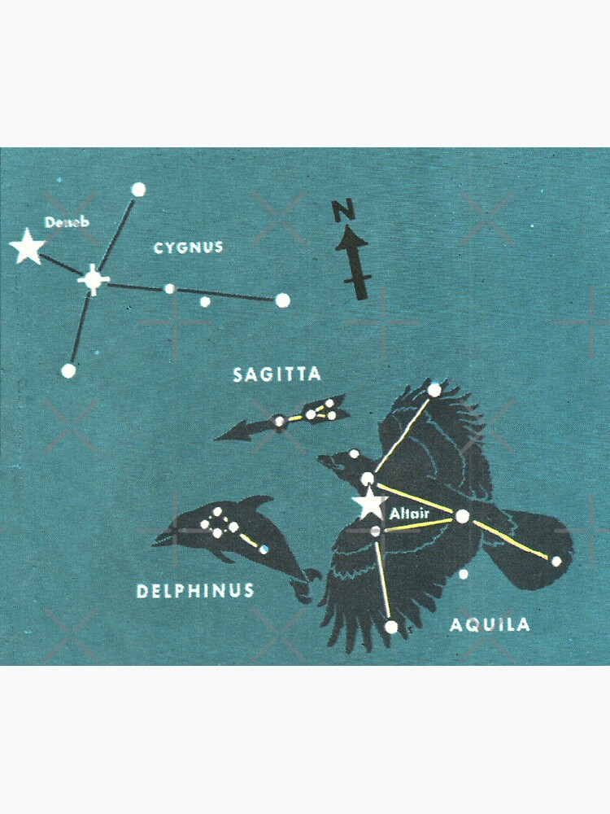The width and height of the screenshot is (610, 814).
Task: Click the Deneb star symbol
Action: [x=28, y=247]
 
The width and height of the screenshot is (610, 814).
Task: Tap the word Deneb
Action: [x=64, y=221]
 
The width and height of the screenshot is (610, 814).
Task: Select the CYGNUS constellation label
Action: [x=188, y=247]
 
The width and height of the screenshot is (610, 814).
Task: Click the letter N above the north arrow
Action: [x=343, y=212]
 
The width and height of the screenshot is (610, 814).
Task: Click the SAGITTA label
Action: [x=277, y=374]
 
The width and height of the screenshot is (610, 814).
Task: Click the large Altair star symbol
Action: [x=371, y=504]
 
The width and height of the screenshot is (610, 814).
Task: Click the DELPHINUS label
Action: [x=195, y=591]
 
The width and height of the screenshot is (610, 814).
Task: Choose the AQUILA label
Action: [x=490, y=624]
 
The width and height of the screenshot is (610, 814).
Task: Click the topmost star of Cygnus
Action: [x=138, y=190]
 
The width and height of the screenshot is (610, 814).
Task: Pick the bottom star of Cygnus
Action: [x=68, y=370]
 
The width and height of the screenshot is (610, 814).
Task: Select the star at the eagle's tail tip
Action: [x=556, y=561]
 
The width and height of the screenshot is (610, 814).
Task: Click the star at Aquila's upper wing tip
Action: [x=434, y=390]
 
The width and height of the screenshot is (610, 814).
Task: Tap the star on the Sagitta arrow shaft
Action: [x=280, y=422]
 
